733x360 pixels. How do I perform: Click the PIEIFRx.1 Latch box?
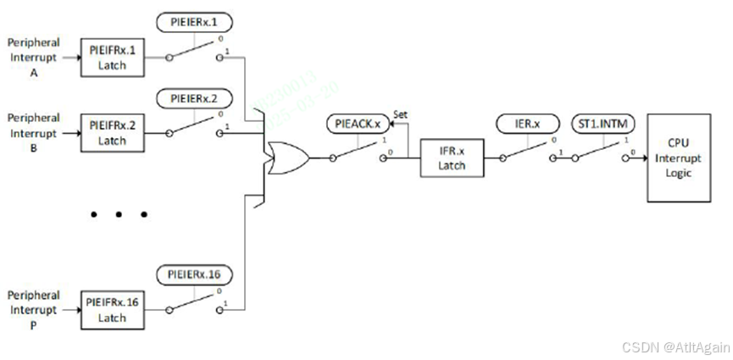(111, 58)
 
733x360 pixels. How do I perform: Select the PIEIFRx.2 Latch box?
(111, 134)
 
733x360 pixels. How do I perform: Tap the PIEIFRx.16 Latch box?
(111, 310)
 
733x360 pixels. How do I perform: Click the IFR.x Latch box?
(452, 158)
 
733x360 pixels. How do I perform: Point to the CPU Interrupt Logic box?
(679, 158)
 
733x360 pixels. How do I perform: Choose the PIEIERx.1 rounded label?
(194, 21)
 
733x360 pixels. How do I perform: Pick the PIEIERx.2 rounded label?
(194, 99)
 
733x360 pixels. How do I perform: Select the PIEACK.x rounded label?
(358, 125)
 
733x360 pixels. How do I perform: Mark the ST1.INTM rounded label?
(603, 124)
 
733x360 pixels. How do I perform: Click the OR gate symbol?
(286, 158)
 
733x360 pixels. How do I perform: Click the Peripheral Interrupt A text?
(33, 58)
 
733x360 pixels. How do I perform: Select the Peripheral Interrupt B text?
(33, 134)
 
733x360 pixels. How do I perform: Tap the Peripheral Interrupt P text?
(33, 310)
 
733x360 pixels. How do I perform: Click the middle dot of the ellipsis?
(119, 214)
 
